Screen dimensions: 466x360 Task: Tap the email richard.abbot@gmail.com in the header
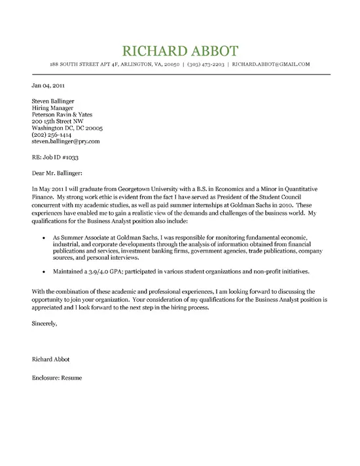click(x=271, y=65)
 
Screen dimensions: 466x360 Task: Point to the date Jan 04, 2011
click(x=47, y=85)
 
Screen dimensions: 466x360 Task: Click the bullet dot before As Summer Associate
click(x=43, y=235)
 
